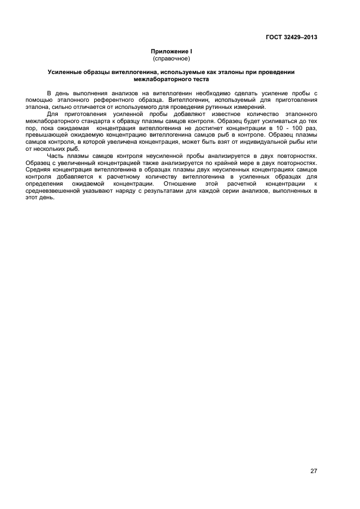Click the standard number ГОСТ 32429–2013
(x=291, y=38)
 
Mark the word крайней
(x=239, y=163)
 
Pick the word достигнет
(x=209, y=127)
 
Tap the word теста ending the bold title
(x=199, y=78)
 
